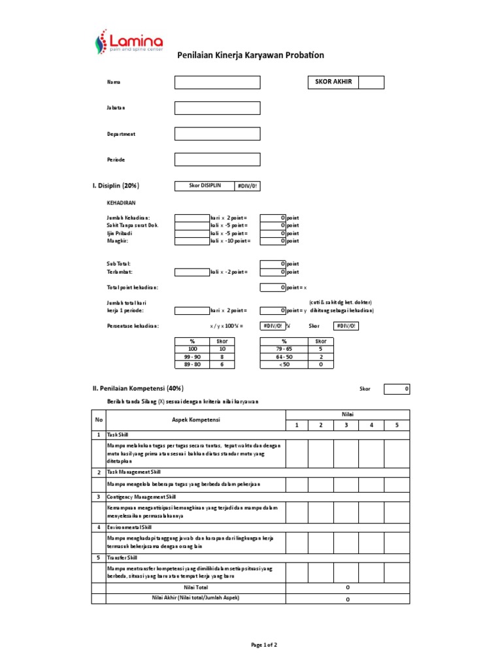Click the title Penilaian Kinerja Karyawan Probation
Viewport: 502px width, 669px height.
click(x=250, y=56)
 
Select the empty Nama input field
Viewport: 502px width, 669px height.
click(x=217, y=82)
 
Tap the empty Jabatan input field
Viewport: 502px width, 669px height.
click(x=217, y=108)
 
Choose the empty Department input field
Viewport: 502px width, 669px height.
click(x=217, y=134)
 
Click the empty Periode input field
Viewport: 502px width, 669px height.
click(x=217, y=159)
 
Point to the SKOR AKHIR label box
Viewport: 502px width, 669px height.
click(x=333, y=82)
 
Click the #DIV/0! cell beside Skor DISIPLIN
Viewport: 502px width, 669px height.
click(x=248, y=186)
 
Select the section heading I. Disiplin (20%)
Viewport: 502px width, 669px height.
click(x=116, y=186)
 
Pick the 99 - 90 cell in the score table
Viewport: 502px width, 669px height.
click(x=192, y=357)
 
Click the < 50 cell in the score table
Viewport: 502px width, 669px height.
click(x=284, y=365)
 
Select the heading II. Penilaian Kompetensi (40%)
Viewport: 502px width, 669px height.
click(x=139, y=388)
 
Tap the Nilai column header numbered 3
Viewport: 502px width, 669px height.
click(x=346, y=425)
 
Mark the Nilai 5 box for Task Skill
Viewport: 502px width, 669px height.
click(x=397, y=453)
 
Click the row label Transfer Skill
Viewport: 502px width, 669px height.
click(x=122, y=558)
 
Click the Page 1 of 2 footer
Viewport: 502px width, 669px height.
click(x=265, y=645)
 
